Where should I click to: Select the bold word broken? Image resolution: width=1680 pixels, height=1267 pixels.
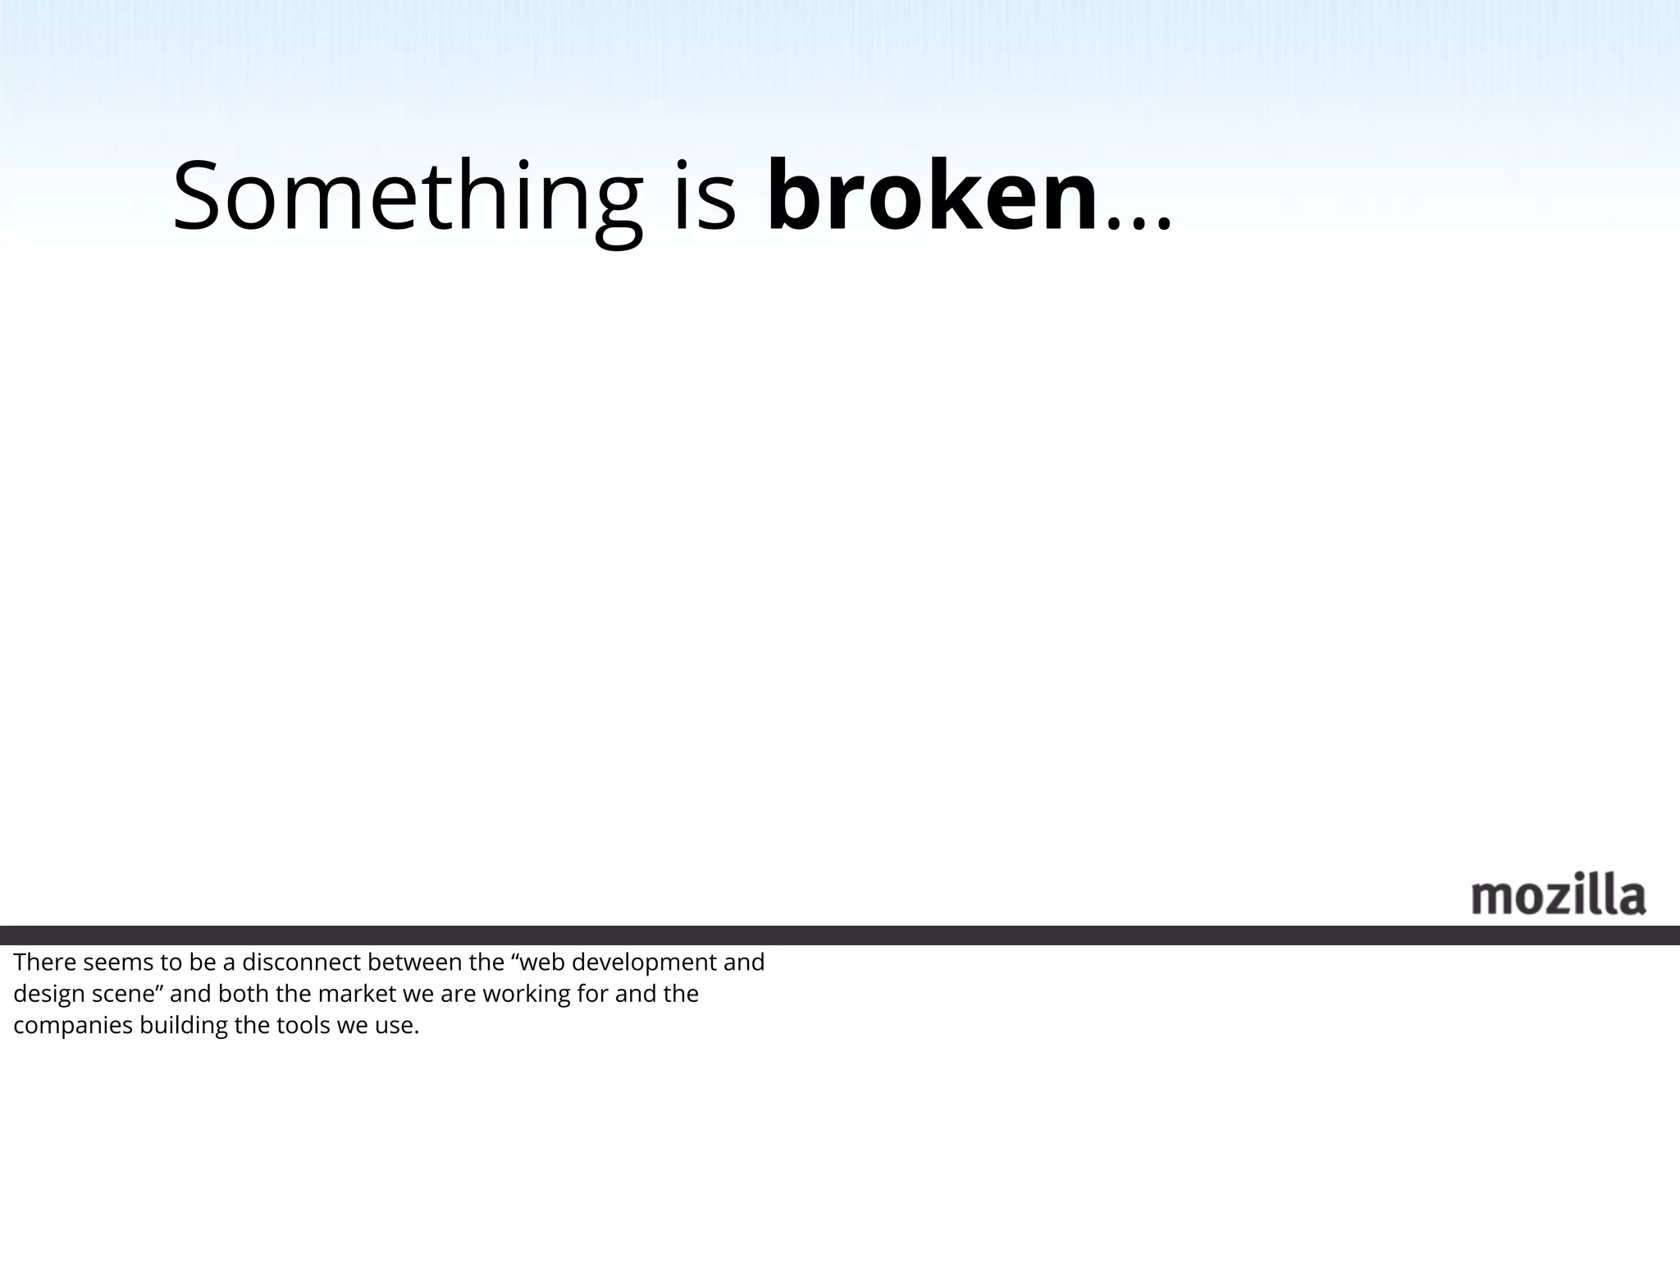(x=932, y=197)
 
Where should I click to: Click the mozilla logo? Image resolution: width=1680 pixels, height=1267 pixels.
(x=1558, y=896)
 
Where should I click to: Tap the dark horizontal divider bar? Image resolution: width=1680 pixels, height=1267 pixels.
(x=840, y=935)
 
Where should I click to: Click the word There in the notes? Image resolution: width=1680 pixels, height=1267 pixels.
(x=44, y=962)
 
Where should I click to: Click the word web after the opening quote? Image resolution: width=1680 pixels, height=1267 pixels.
(x=546, y=962)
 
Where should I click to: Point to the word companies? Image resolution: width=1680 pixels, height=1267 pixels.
(x=73, y=1027)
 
